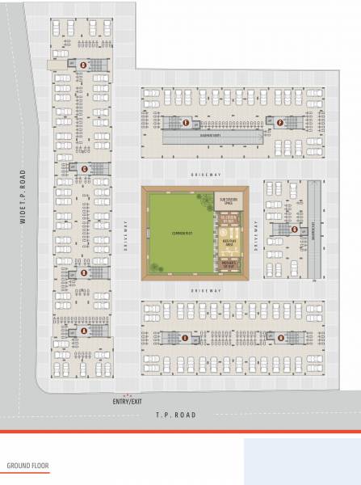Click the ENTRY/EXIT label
127,402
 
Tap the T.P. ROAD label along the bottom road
176,415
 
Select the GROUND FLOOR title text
27,466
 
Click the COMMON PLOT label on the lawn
179,234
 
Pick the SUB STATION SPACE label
227,200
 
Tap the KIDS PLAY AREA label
227,242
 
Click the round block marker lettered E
187,123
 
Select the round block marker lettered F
279,123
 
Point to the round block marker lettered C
85,168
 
